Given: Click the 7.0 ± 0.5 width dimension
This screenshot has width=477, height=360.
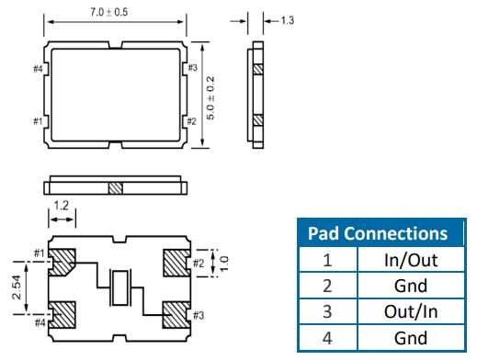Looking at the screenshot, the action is [109, 12].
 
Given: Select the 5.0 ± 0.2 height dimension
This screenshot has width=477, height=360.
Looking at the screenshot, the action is [210, 98].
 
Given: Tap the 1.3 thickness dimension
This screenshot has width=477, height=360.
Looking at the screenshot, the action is [288, 20].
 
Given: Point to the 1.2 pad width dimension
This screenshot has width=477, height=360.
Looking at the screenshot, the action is [62, 206].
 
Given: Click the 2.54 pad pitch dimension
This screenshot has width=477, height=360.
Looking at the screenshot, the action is [17, 287].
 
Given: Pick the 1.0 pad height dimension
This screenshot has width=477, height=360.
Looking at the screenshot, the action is [224, 264].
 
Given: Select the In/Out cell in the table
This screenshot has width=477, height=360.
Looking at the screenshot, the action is [411, 260].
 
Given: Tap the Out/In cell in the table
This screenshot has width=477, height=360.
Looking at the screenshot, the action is [411, 311].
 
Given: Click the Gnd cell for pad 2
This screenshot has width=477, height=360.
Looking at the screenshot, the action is [411, 286].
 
